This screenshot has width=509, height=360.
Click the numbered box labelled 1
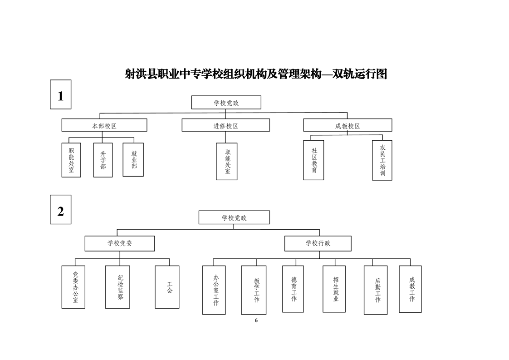point(60,94)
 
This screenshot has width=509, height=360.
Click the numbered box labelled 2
point(60,209)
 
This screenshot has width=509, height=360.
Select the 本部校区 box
point(104,125)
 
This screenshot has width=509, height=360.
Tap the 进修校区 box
point(225,125)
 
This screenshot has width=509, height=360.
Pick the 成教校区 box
point(347,125)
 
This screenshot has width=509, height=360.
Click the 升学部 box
point(103,160)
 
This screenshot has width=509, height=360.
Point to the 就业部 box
point(134,160)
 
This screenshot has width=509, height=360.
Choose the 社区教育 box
point(313,160)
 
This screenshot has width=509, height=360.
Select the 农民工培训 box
point(382,160)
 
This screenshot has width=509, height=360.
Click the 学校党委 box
point(120,243)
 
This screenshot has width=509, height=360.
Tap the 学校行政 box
point(318,243)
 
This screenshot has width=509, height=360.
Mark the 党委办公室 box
point(73,287)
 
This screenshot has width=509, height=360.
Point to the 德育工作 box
point(293,289)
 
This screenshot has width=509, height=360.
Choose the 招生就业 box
point(334,289)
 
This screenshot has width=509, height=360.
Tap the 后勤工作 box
point(376,290)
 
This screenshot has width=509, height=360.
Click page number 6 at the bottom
point(256,320)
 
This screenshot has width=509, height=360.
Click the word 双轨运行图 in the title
point(360,74)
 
